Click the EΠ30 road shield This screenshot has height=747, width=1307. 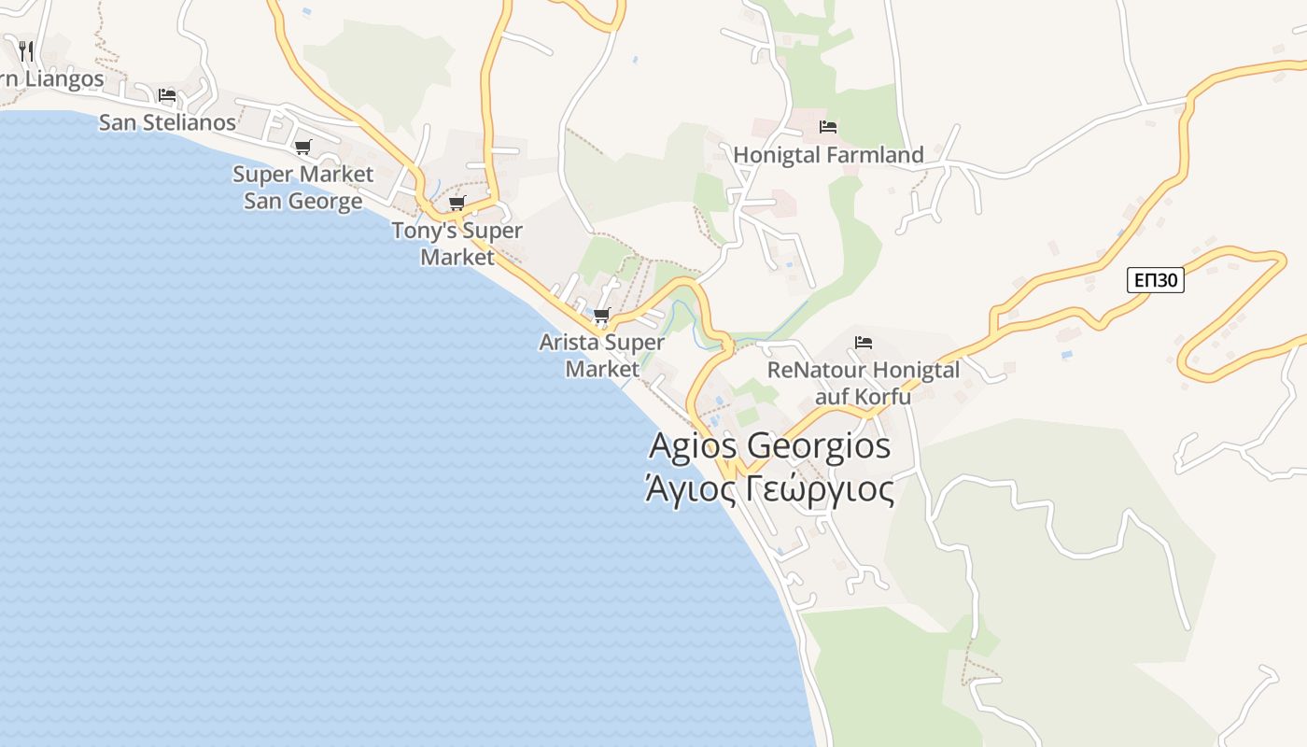point(1155,280)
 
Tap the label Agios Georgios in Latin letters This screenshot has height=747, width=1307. point(769,445)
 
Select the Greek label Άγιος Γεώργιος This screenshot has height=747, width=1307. point(769,488)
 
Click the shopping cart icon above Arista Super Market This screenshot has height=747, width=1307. point(601,316)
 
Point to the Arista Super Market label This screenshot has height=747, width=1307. point(602,356)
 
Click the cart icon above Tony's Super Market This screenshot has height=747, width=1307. point(457,204)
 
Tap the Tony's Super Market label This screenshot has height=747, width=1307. point(457,244)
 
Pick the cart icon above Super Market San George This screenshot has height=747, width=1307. point(302,147)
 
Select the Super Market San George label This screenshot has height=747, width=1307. point(302,188)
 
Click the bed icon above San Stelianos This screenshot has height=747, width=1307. point(167,95)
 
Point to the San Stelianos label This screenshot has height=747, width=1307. point(167,122)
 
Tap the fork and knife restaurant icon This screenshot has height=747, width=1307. point(26,50)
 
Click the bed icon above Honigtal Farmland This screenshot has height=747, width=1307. point(828,127)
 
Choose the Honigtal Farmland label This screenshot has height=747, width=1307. point(828,155)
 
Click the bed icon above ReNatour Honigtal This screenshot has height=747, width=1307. point(864,343)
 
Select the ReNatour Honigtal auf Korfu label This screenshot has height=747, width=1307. point(864,383)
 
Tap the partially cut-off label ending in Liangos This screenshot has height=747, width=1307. point(51,79)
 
